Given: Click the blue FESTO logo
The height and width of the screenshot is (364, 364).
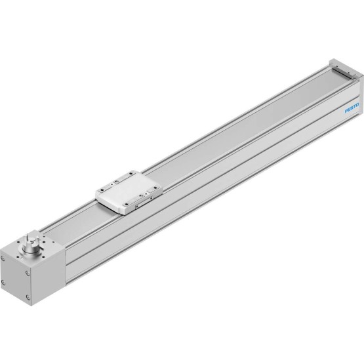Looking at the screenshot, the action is click(352, 108).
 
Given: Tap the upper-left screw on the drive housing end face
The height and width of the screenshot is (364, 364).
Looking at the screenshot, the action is click(3, 258).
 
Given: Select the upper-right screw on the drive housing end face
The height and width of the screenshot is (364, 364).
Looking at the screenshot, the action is click(28, 273).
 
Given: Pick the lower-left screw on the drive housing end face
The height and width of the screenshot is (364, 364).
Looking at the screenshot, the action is click(3, 282).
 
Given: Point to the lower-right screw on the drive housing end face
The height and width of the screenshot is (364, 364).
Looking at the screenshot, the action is click(28, 297).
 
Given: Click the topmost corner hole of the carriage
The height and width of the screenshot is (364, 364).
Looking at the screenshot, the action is click(132, 172).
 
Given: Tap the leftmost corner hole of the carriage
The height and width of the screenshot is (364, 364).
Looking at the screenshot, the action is click(101, 190).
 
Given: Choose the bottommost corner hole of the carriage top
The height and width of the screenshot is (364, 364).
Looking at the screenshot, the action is click(127, 204).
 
